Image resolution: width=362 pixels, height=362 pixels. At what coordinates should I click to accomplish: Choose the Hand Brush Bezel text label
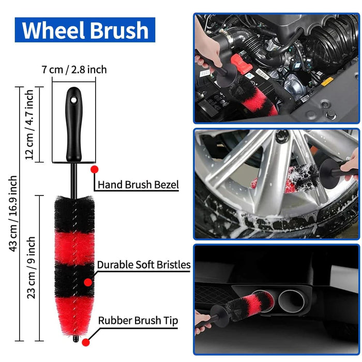pos(138,185)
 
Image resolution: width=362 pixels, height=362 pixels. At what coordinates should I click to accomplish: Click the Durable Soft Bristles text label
pos(143,265)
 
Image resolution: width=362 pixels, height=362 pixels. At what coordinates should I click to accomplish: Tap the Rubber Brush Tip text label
pos(138,321)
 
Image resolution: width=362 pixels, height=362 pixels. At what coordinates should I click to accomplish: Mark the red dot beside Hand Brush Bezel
pos(94,169)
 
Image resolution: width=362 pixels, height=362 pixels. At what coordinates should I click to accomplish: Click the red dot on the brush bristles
pos(88,282)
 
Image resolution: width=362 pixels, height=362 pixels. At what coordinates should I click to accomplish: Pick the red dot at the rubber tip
pos(86,342)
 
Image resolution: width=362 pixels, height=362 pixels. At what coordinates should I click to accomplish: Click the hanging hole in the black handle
pos(73,96)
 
